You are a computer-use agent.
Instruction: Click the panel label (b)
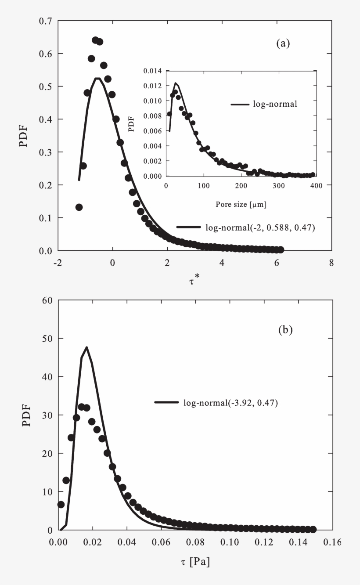pyautogui.click(x=285, y=330)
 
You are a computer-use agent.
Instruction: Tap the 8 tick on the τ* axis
pyautogui.click(x=331, y=263)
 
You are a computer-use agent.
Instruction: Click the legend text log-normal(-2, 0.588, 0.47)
pyautogui.click(x=260, y=227)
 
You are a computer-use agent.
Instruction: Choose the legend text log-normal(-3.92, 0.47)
pyautogui.click(x=230, y=402)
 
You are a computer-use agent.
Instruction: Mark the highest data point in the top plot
pyautogui.click(x=95, y=40)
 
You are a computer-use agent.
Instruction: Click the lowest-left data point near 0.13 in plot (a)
pyautogui.click(x=79, y=207)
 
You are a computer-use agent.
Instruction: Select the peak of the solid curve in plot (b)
pyautogui.click(x=86, y=347)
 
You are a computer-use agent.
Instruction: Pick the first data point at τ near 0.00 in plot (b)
pyautogui.click(x=61, y=505)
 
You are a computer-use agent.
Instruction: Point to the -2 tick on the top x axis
pyautogui.click(x=58, y=263)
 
